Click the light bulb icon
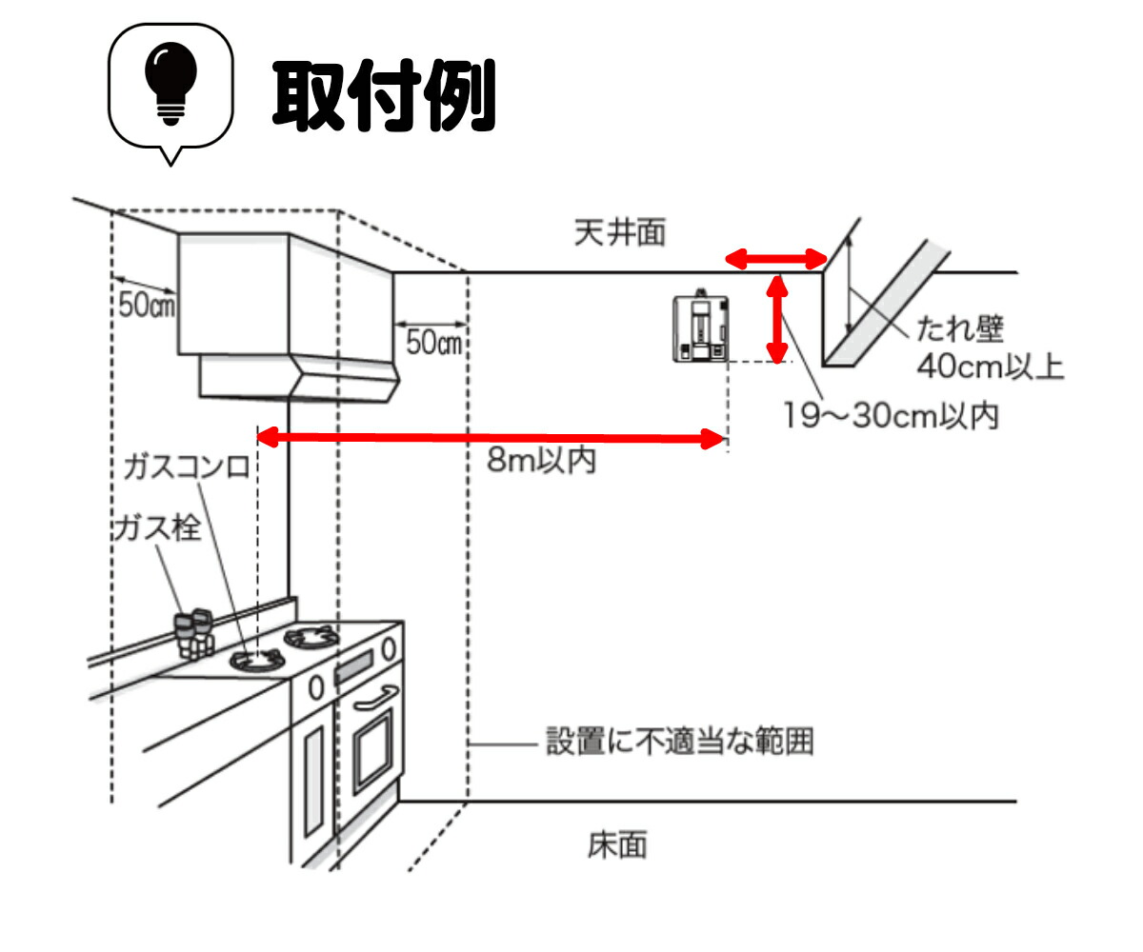[170, 82]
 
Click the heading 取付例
[384, 96]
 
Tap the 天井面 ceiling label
[620, 232]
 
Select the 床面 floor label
[617, 845]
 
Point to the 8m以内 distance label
[541, 460]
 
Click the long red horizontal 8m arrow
[491, 438]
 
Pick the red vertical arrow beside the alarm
[777, 320]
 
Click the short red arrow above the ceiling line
[776, 259]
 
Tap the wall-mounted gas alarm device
[701, 327]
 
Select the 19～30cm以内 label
[892, 416]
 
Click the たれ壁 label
[960, 329]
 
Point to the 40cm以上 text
[991, 367]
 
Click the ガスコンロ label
[187, 467]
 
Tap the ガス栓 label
[157, 528]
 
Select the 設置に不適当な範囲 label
[680, 742]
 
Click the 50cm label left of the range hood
[147, 305]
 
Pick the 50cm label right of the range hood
[434, 343]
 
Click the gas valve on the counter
[193, 634]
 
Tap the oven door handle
[375, 699]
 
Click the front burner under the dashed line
[257, 660]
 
